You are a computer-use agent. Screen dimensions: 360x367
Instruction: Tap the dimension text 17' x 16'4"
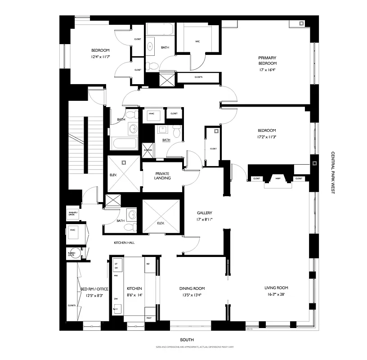click(x=267, y=70)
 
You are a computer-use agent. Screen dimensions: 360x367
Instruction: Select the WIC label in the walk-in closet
click(x=197, y=41)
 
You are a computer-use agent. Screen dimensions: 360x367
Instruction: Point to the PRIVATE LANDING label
click(x=161, y=176)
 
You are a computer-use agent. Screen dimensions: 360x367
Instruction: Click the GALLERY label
click(x=204, y=213)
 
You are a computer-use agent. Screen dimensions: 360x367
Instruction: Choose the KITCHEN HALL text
click(x=124, y=243)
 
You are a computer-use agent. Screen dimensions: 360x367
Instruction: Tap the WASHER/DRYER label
click(x=72, y=213)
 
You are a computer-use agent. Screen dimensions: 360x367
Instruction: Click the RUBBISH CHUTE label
click(x=72, y=253)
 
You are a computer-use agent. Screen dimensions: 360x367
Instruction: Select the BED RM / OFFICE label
click(x=94, y=288)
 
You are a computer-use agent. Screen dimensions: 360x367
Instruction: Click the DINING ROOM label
click(x=192, y=288)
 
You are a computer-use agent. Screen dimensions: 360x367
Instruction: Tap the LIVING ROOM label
click(x=276, y=288)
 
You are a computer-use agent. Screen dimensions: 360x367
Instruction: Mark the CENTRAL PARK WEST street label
click(x=334, y=173)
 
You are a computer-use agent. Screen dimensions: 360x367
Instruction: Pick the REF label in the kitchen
click(x=148, y=264)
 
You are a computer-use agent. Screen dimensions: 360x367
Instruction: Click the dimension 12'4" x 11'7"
click(x=100, y=57)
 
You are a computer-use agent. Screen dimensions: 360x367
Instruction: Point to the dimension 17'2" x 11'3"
click(x=267, y=137)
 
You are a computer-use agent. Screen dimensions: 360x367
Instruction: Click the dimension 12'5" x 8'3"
click(x=94, y=296)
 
